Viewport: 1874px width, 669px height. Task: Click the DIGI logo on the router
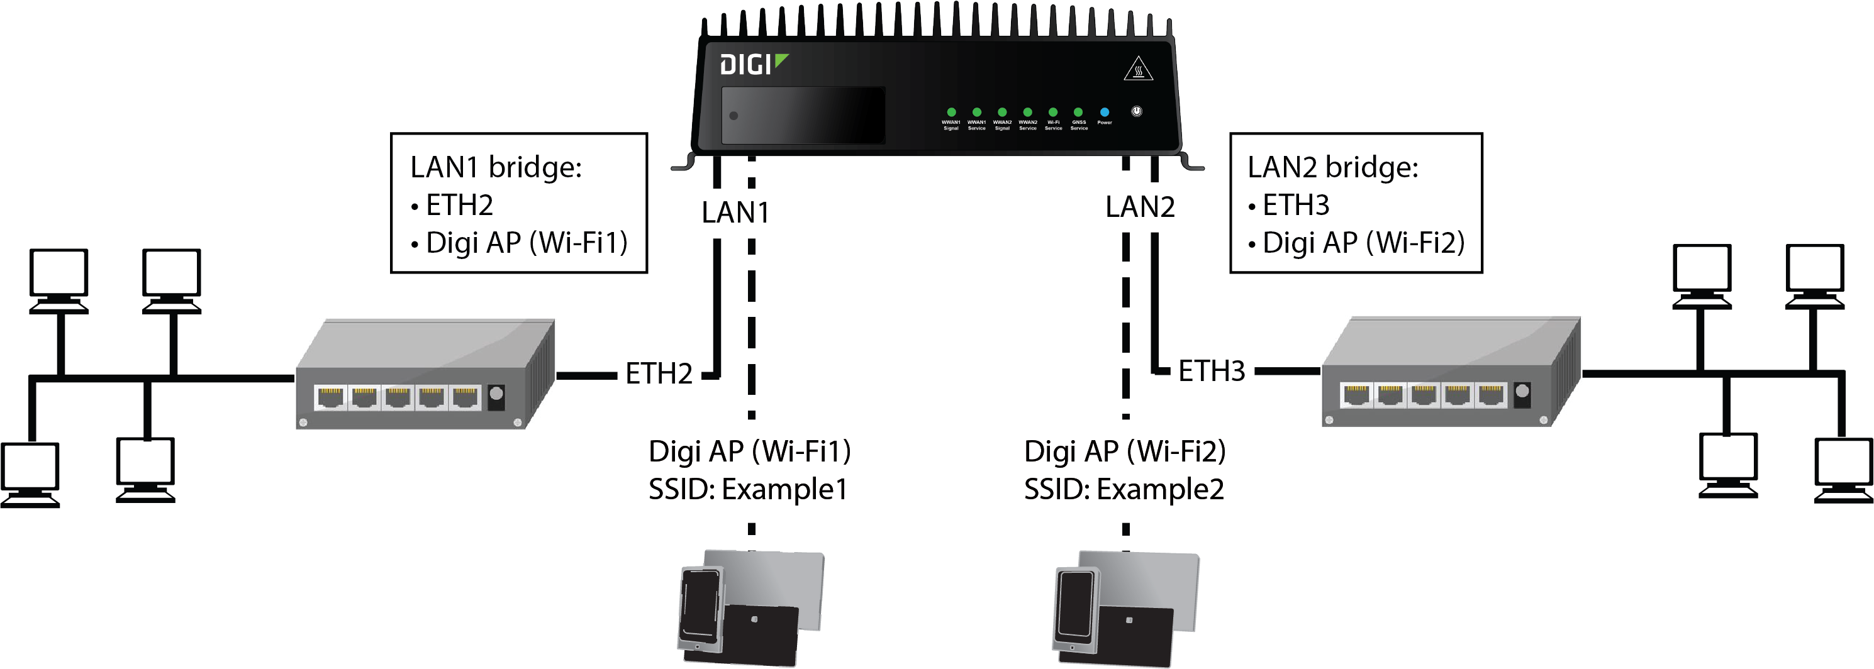click(753, 65)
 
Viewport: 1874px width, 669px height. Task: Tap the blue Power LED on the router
click(1104, 112)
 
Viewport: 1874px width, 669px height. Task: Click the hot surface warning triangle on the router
click(1138, 69)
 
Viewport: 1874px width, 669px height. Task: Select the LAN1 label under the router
click(735, 213)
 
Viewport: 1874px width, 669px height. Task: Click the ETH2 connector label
click(659, 373)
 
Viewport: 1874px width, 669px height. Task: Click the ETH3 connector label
click(1211, 371)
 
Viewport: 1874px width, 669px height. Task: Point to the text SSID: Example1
click(748, 489)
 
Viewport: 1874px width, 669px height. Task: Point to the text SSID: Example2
click(1124, 489)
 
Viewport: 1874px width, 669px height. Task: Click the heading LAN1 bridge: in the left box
click(496, 167)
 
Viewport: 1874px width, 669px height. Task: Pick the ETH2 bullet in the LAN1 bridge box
click(459, 205)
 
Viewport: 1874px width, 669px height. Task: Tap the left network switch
click(425, 375)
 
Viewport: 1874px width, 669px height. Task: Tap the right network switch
click(1450, 372)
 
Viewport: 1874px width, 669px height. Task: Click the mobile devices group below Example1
click(750, 607)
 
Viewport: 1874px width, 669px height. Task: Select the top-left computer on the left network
click(59, 280)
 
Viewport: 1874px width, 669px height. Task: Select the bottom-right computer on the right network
click(1843, 469)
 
